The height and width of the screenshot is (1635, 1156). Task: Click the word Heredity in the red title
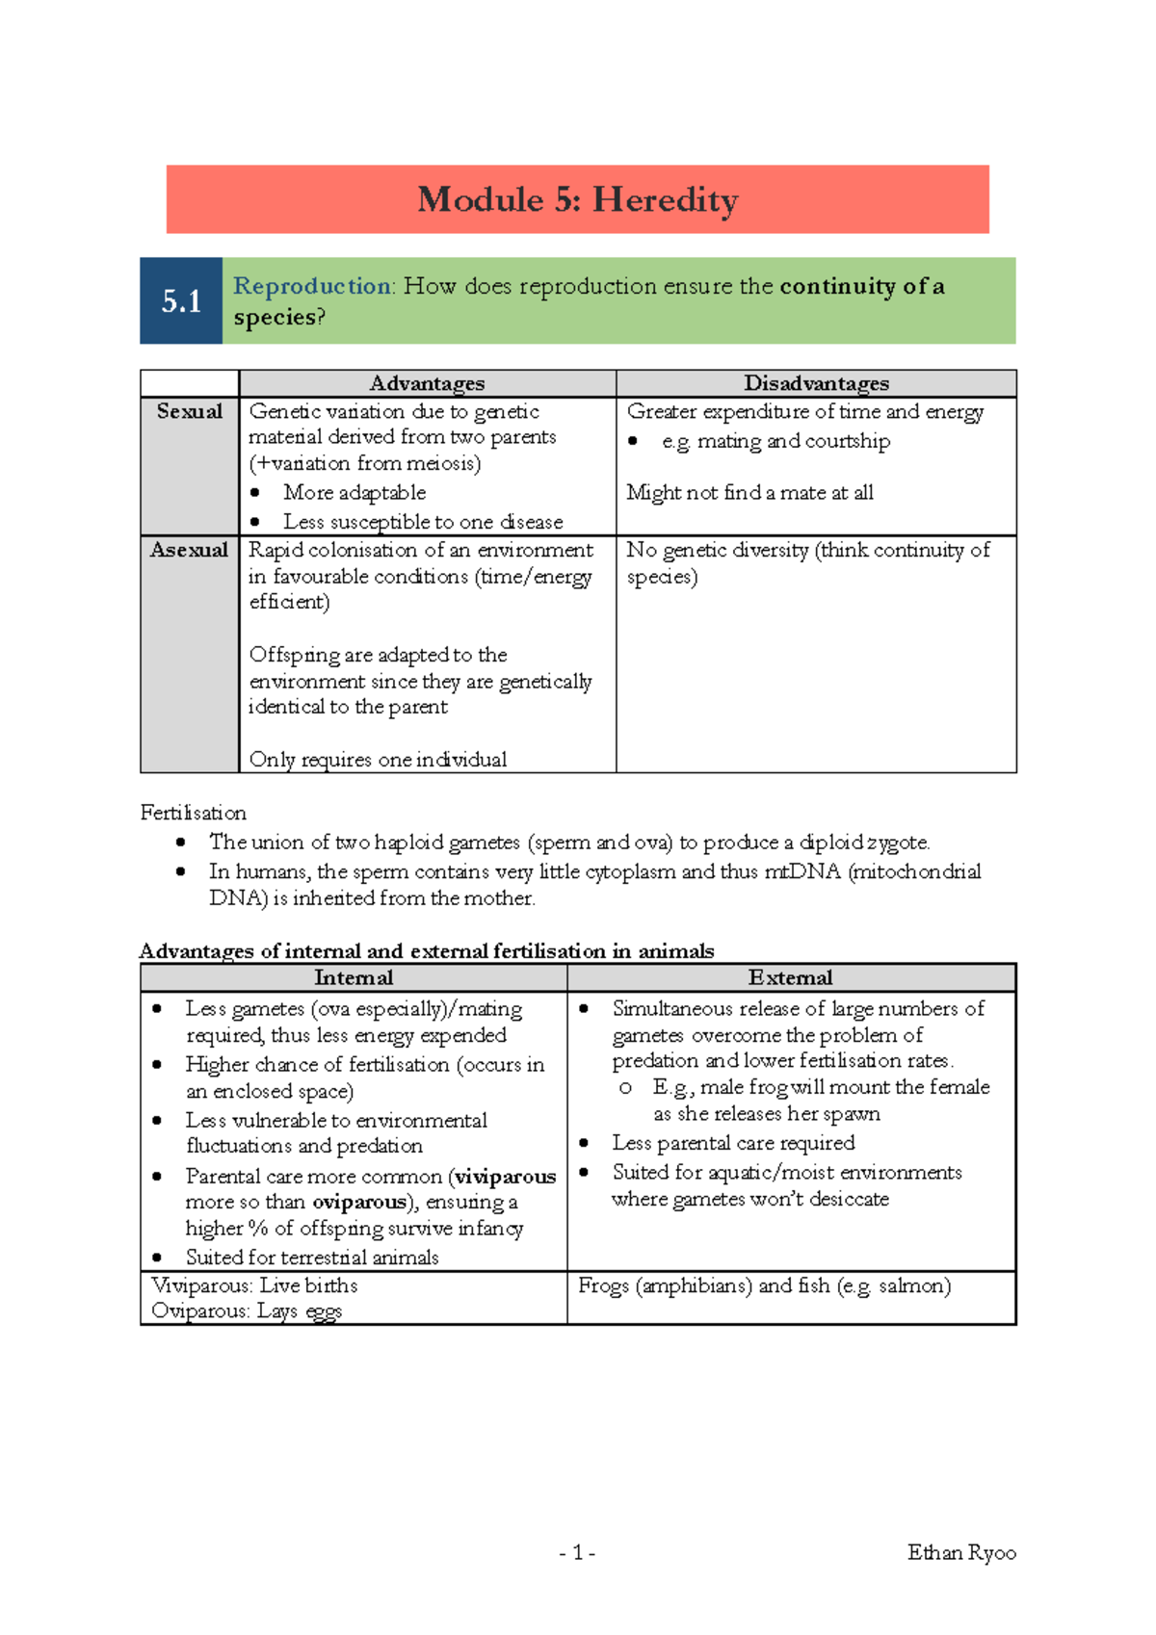665,200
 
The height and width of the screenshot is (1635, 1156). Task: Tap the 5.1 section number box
181,301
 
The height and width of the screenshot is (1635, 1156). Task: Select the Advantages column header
427,383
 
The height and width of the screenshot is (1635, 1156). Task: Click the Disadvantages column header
816,383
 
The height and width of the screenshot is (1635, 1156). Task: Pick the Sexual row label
190,411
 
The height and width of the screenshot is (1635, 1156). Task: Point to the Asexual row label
189,550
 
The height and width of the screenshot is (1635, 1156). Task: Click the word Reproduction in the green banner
312,286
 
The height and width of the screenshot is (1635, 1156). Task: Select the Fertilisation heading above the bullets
193,813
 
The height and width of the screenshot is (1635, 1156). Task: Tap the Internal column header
354,977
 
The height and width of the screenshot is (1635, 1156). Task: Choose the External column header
790,977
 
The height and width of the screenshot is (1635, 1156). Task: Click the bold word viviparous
505,1177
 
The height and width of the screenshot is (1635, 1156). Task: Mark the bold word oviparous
359,1203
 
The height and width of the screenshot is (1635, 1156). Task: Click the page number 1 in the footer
577,1552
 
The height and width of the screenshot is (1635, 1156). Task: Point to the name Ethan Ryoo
960,1552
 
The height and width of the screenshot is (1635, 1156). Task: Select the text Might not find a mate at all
749,493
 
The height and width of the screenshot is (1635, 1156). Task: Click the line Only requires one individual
378,760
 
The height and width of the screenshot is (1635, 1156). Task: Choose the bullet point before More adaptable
255,493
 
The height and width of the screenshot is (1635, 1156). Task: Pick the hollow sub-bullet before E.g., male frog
625,1087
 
